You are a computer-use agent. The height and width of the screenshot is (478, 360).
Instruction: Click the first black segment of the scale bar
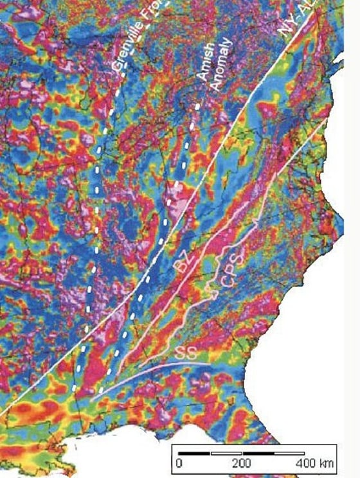tap(195, 454)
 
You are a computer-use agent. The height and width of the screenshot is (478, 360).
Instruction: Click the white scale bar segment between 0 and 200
tap(226, 454)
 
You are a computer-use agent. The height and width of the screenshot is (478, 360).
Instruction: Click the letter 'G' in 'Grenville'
tap(116, 66)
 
